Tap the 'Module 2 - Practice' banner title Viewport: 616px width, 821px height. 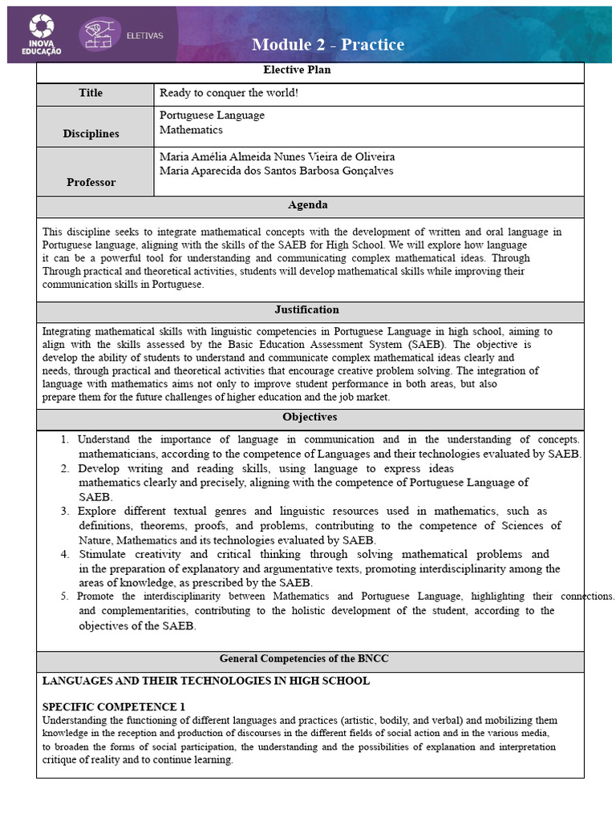(x=328, y=45)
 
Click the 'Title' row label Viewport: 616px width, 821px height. (x=91, y=93)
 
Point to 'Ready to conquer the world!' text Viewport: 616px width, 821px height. (x=229, y=93)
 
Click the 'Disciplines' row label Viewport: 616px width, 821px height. (x=91, y=133)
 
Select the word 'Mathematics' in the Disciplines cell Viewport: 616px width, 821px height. (x=191, y=129)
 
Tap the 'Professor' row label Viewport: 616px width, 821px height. (x=91, y=182)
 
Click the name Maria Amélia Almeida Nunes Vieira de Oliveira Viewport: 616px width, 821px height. (x=277, y=156)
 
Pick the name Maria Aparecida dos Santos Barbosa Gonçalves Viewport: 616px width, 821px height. (x=276, y=171)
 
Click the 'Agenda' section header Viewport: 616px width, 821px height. (x=308, y=205)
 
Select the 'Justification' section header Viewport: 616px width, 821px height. (x=306, y=309)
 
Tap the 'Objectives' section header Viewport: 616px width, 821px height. (x=310, y=417)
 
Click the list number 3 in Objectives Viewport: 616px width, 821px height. (x=64, y=511)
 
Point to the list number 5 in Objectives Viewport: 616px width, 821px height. (x=64, y=597)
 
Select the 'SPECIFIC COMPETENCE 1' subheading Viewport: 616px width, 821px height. (x=113, y=707)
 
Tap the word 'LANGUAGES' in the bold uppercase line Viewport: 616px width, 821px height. (x=76, y=681)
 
